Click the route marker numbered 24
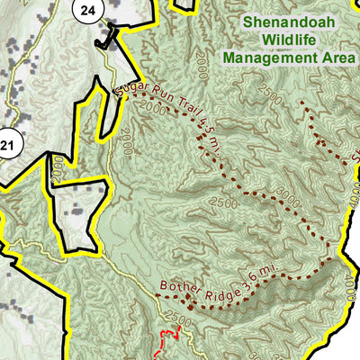coord(86,11)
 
